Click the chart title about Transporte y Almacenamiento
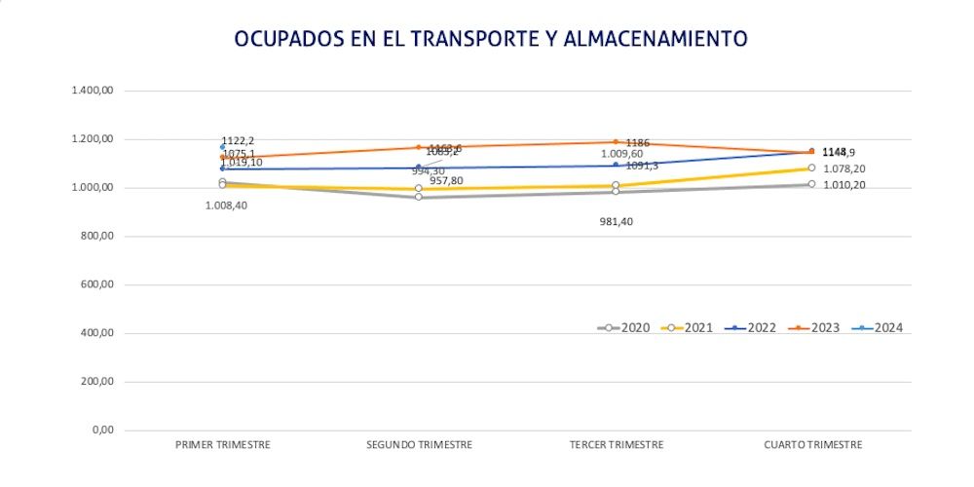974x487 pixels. coord(490,39)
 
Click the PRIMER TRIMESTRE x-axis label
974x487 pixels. coord(222,445)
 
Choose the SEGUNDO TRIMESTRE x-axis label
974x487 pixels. coord(419,445)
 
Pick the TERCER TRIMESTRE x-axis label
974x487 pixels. coord(616,445)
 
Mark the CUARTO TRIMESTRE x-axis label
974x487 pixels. coord(812,445)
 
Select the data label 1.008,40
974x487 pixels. coord(226,206)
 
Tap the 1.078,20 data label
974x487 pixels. coord(844,169)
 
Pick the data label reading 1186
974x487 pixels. coord(638,143)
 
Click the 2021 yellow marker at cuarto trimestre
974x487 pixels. coord(811,169)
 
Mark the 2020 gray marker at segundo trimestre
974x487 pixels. coord(419,197)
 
